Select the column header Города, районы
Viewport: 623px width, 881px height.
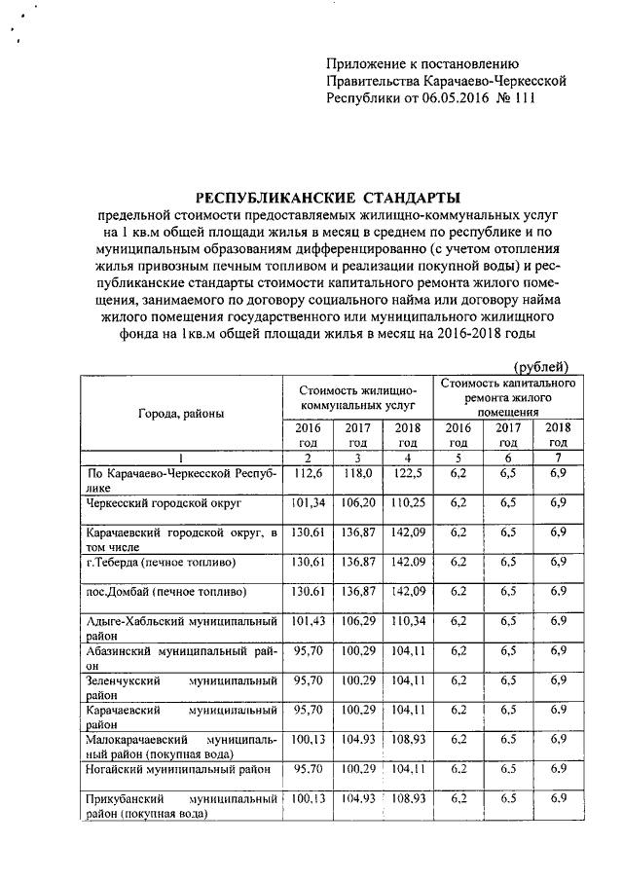[x=181, y=414]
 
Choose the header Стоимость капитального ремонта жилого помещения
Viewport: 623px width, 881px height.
[x=507, y=397]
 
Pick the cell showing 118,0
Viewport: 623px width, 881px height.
[x=357, y=473]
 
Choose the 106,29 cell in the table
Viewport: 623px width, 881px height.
[x=357, y=621]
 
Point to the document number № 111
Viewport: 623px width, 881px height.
[x=517, y=98]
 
